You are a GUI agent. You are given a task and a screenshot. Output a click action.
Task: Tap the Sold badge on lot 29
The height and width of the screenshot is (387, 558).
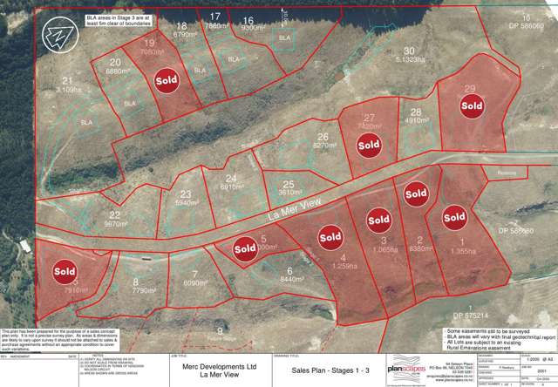472,106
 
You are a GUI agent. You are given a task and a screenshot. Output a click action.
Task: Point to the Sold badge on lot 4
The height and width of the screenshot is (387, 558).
330,235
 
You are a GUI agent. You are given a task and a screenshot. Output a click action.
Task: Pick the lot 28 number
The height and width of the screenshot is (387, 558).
416,112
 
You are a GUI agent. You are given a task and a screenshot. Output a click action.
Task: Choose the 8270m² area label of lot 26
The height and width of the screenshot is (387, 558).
323,146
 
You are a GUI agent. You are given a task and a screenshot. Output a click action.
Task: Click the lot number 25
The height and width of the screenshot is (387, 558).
289,184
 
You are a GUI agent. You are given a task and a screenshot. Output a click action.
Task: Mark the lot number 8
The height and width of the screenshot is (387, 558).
136,282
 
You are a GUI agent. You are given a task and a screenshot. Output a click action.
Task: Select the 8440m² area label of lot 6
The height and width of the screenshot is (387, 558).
287,280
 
